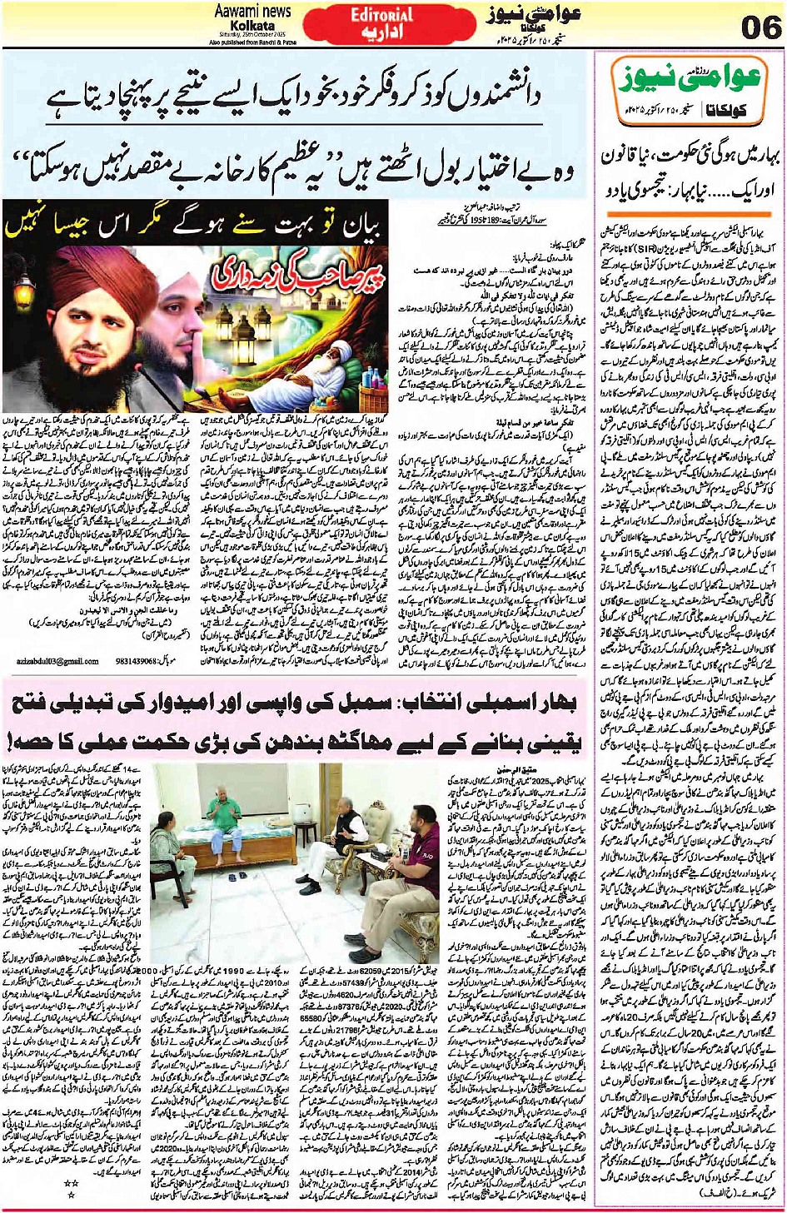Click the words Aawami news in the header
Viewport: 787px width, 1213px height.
tap(253, 11)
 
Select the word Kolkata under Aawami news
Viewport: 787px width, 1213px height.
tap(253, 25)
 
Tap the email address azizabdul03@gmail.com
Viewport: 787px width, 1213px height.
tap(57, 661)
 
